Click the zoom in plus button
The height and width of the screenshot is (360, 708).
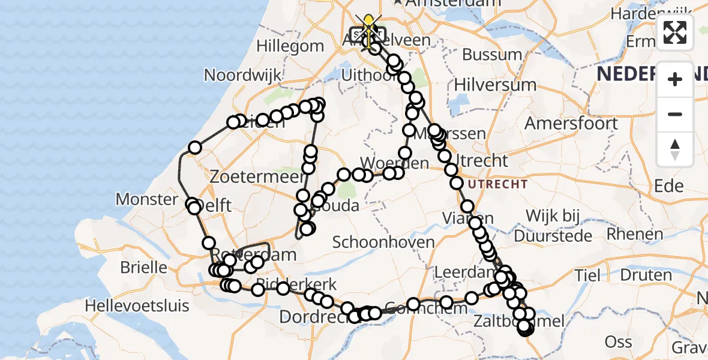tap(675, 79)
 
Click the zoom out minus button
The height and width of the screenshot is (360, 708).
tap(675, 114)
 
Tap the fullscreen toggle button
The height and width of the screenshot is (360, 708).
tap(675, 32)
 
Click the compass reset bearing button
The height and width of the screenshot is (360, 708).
tap(675, 149)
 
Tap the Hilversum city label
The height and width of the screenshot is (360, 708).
tap(495, 84)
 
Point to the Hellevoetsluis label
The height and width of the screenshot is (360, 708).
tap(137, 305)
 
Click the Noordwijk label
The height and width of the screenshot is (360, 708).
tap(242, 75)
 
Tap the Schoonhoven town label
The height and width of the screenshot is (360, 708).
tap(383, 242)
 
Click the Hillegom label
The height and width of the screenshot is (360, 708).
tap(290, 46)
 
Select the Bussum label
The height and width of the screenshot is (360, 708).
tap(492, 55)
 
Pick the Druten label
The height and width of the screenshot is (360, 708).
tap(646, 275)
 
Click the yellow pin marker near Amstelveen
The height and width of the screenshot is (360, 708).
tap(368, 26)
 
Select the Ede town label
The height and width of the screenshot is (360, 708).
tap(669, 185)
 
